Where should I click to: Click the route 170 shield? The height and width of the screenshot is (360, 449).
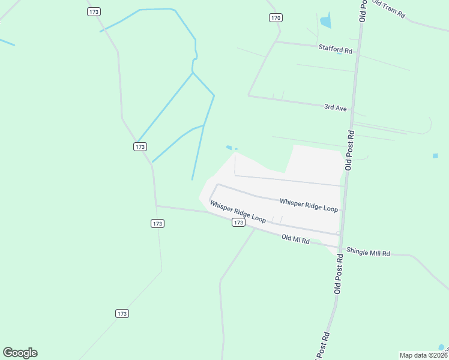[x=275, y=18]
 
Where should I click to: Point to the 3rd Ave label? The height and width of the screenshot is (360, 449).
[x=336, y=107]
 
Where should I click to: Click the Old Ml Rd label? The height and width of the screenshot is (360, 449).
[x=295, y=240]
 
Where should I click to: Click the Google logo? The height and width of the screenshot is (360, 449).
[x=20, y=353]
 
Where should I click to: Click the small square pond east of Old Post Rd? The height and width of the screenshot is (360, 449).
[x=435, y=156]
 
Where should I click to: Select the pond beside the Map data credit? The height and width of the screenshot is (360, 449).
[x=442, y=347]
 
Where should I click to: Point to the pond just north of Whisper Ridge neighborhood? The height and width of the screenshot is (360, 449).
[x=229, y=147]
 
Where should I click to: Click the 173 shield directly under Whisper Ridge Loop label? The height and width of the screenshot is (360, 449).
[x=238, y=223]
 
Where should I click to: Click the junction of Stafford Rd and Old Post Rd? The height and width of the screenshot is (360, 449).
[x=358, y=52]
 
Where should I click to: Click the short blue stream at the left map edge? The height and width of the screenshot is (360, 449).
[x=7, y=42]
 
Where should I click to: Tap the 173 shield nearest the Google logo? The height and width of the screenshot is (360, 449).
[x=122, y=314]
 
